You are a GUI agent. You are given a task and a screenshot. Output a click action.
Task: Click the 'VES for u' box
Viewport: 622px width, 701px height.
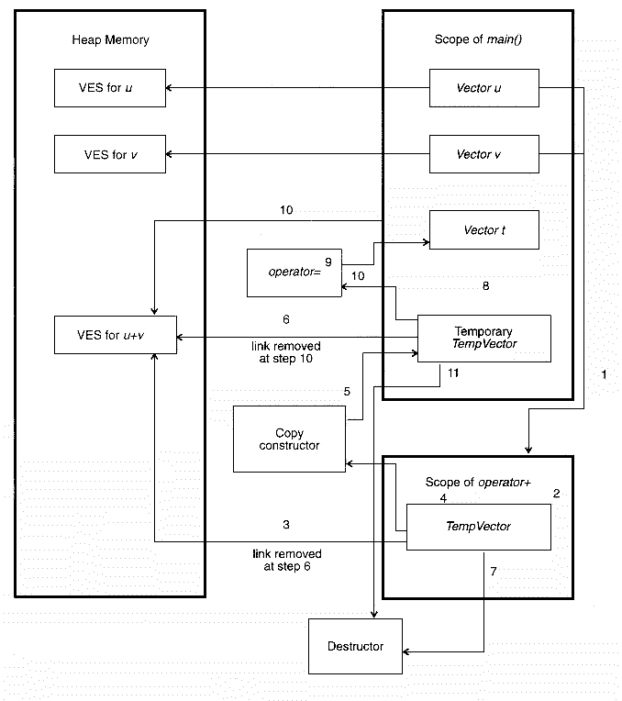[x=109, y=88]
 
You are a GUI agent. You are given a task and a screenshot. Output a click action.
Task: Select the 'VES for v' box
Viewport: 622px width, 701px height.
[x=109, y=154]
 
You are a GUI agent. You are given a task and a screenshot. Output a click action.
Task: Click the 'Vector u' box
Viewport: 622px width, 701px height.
[x=483, y=88]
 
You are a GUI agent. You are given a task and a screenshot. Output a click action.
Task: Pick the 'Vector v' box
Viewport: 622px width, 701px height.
[x=483, y=154]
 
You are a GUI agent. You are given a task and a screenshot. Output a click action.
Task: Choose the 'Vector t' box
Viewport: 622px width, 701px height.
[x=483, y=230]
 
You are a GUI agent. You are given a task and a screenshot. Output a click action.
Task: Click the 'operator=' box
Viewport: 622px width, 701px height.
[x=294, y=272]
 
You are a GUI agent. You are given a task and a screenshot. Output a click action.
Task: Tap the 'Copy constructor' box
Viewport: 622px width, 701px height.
[x=289, y=440]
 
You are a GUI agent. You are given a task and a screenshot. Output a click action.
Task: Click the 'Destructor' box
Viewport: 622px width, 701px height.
[x=355, y=646]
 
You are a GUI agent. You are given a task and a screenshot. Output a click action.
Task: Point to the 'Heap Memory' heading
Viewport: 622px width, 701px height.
[x=110, y=40]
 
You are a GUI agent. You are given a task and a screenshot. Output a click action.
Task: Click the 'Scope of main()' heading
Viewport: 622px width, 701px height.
[x=476, y=40]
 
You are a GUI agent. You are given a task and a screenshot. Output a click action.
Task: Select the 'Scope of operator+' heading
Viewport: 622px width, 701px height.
[x=478, y=483]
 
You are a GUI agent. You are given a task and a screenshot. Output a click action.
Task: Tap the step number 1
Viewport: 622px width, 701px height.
[x=604, y=375]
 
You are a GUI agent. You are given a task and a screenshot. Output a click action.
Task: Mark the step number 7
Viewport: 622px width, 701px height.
[x=493, y=572]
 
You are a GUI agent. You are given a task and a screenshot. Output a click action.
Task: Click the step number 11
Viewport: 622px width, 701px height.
[x=453, y=373]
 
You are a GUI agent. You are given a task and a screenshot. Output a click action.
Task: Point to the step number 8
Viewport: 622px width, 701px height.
[x=485, y=286]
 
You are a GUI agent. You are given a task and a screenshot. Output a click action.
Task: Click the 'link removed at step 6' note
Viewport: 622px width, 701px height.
[x=286, y=561]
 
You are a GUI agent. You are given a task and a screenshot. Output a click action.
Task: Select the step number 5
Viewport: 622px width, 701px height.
[x=347, y=392]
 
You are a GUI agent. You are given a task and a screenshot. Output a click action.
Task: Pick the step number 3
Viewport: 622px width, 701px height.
[x=286, y=525]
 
